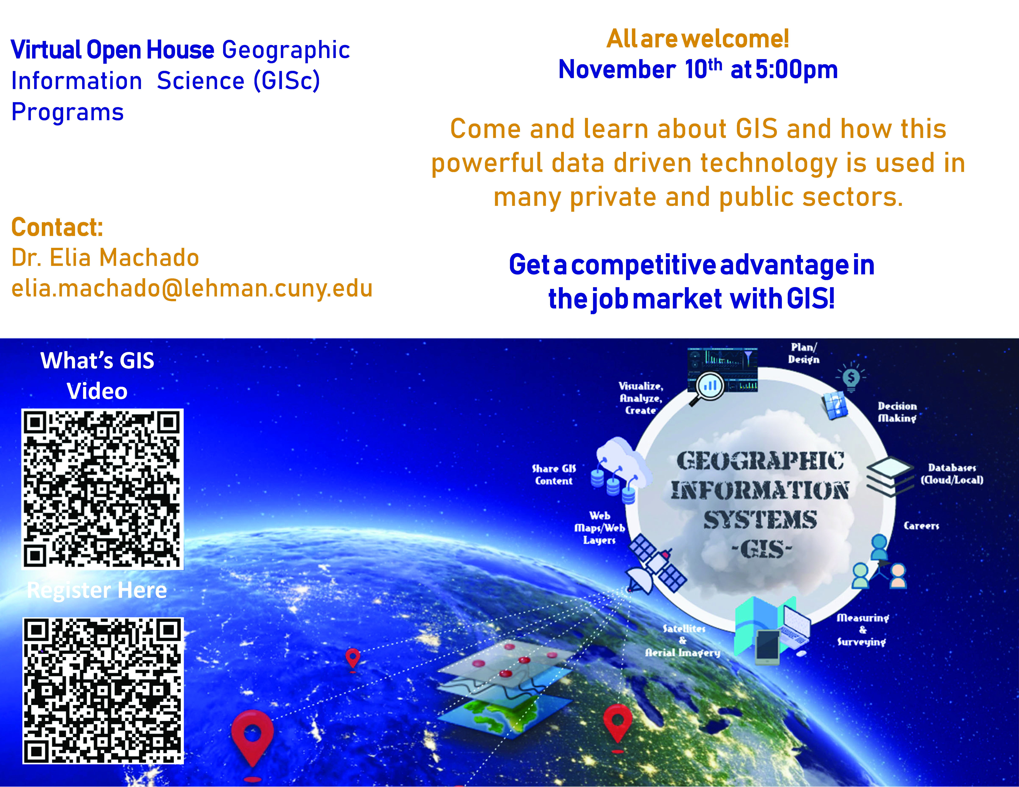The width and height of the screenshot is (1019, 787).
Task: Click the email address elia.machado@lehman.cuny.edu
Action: click(192, 288)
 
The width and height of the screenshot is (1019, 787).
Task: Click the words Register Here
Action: click(97, 590)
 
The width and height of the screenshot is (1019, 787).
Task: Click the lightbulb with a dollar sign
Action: click(851, 377)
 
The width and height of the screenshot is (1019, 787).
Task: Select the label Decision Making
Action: click(897, 412)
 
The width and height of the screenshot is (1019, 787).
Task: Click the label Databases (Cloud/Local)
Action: click(952, 474)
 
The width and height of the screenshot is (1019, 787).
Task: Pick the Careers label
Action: click(921, 526)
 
